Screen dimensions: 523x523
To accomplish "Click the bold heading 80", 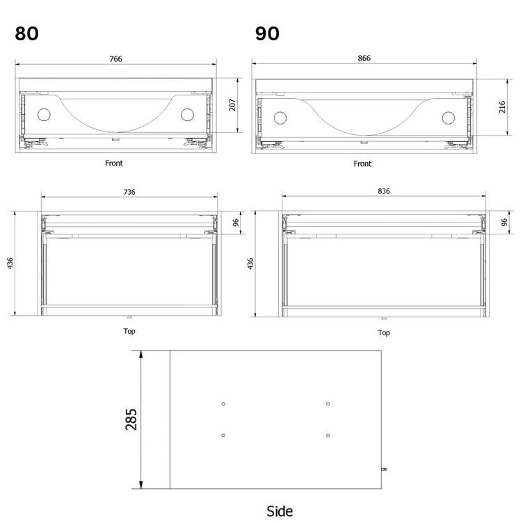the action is [26, 33].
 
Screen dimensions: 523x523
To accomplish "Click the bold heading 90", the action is [267, 33].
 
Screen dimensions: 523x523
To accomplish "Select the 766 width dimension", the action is [115, 58].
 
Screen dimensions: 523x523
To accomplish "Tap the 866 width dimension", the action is [364, 58].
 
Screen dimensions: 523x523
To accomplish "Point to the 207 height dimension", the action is [232, 105].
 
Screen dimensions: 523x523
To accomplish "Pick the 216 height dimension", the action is [502, 107].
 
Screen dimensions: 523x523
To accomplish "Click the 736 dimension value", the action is [129, 192].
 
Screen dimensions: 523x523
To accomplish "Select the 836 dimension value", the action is [384, 191].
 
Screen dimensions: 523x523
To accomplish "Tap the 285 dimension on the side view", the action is [131, 419].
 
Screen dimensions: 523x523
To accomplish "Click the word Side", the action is [280, 511].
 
